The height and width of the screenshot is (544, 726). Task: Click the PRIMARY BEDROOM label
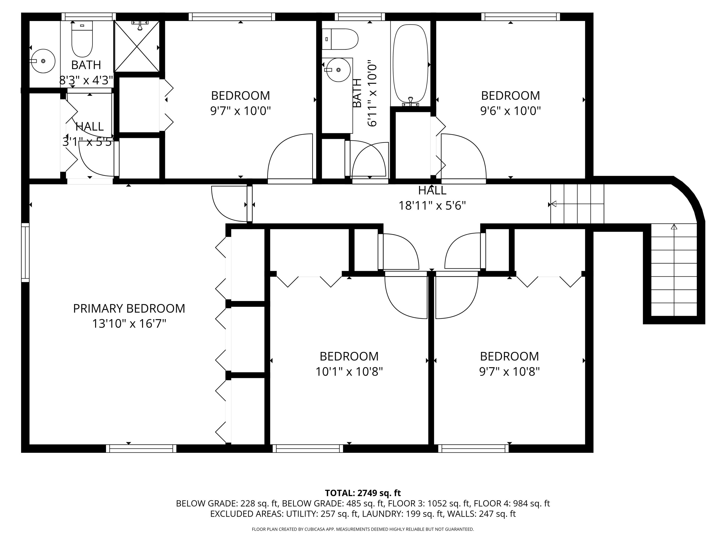(x=129, y=309)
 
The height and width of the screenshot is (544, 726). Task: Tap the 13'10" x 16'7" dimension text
(x=129, y=324)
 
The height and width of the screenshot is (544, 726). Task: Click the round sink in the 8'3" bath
(x=43, y=61)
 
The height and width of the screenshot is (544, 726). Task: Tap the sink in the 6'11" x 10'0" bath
(x=338, y=70)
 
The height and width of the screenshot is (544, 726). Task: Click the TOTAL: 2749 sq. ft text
(x=363, y=493)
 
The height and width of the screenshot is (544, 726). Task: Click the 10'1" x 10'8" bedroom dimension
(x=349, y=372)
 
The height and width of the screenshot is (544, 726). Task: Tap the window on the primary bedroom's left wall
(x=25, y=252)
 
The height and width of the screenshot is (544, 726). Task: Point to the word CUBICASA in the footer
(x=315, y=529)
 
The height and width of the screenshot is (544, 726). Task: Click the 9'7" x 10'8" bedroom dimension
(x=509, y=372)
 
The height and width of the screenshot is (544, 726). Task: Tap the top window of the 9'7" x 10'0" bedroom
(x=232, y=17)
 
